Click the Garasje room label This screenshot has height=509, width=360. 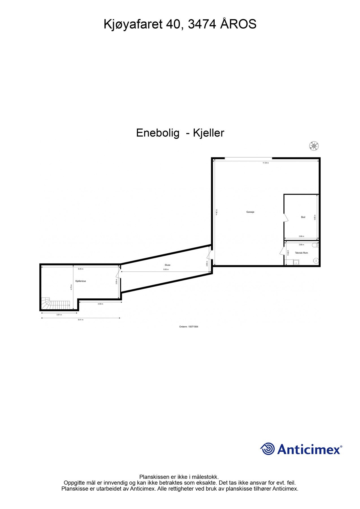coord(250,212)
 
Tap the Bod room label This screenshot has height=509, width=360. coord(303,217)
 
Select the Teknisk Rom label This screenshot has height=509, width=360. coord(301,253)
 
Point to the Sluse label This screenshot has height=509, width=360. coord(167,265)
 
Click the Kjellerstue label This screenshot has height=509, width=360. coord(81,281)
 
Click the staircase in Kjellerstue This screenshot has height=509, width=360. coord(55,304)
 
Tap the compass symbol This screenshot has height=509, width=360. coord(314,146)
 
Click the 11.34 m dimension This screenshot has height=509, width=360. coord(266,163)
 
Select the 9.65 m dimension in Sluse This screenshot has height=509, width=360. coord(166,269)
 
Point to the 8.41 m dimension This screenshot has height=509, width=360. coord(81,320)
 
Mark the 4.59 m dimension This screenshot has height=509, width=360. coord(100,304)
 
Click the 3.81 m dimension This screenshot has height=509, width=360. coord(59,315)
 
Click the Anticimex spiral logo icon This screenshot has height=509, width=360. coord(267,449)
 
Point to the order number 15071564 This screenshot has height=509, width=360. coord(193,327)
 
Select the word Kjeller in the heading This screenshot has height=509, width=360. coord(208,133)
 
